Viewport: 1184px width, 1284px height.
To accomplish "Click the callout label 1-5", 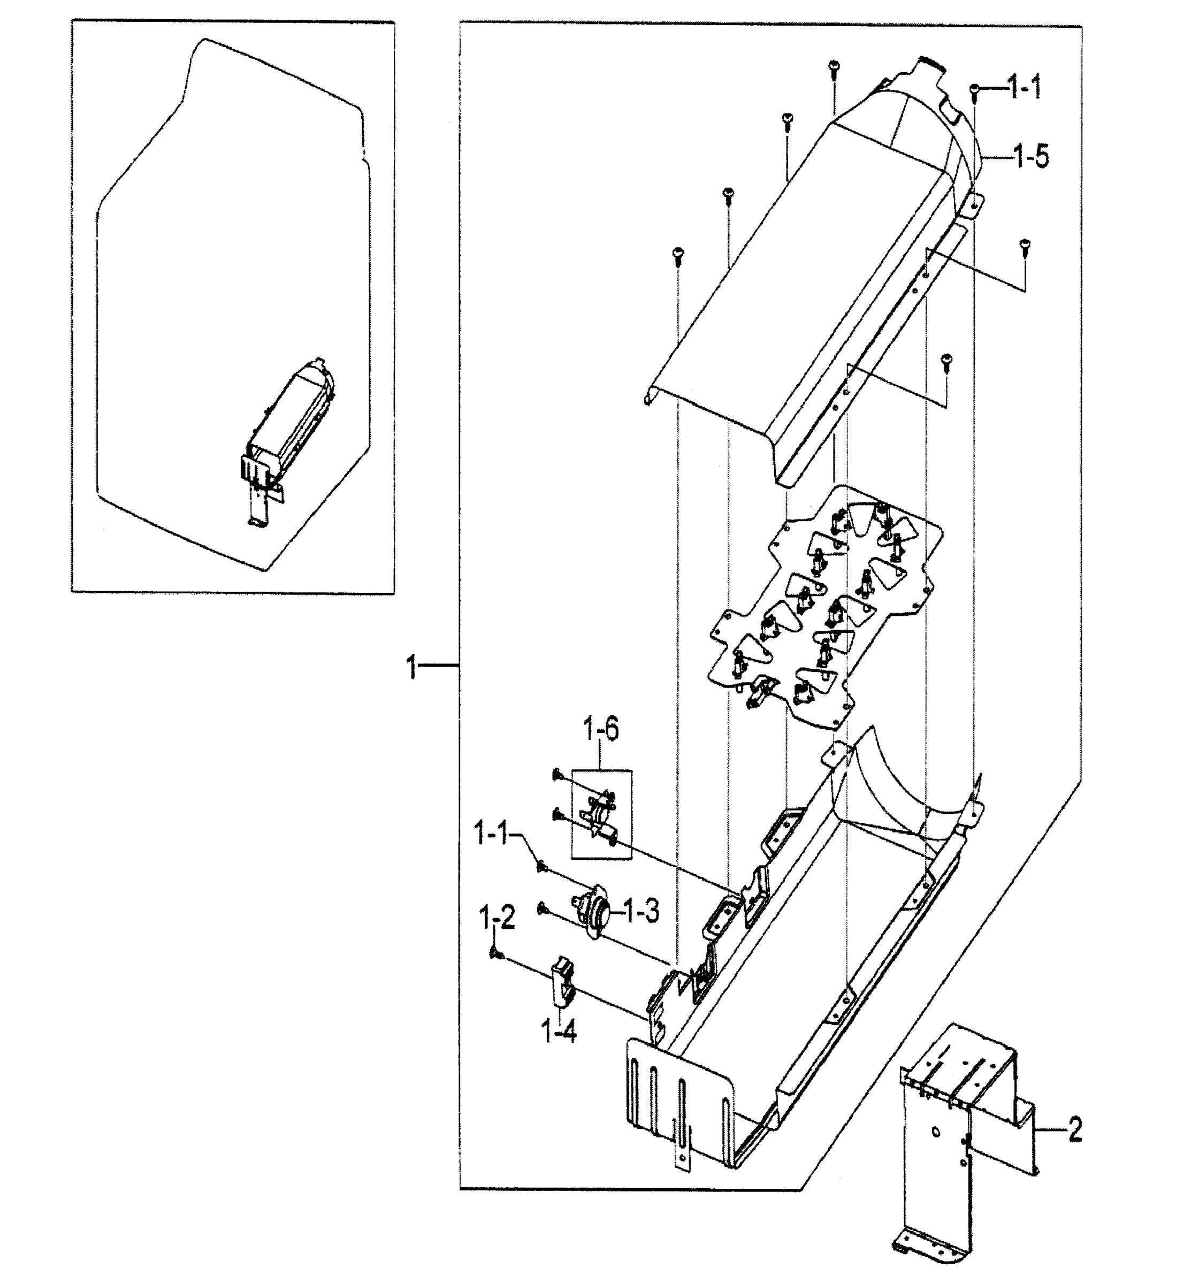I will [x=1032, y=156].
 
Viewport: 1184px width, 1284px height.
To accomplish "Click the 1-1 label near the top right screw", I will [x=1025, y=87].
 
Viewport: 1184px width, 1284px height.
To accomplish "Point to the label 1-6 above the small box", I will [x=600, y=730].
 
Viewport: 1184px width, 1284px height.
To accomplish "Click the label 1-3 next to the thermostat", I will [x=641, y=912].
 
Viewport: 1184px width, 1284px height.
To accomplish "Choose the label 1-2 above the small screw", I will [x=497, y=920].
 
